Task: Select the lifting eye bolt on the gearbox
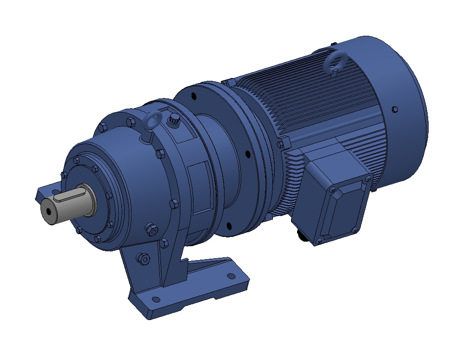pos(152,124)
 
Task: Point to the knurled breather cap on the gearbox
pos(174,120)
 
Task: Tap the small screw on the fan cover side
pos(395,110)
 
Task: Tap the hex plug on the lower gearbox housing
pos(151,229)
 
